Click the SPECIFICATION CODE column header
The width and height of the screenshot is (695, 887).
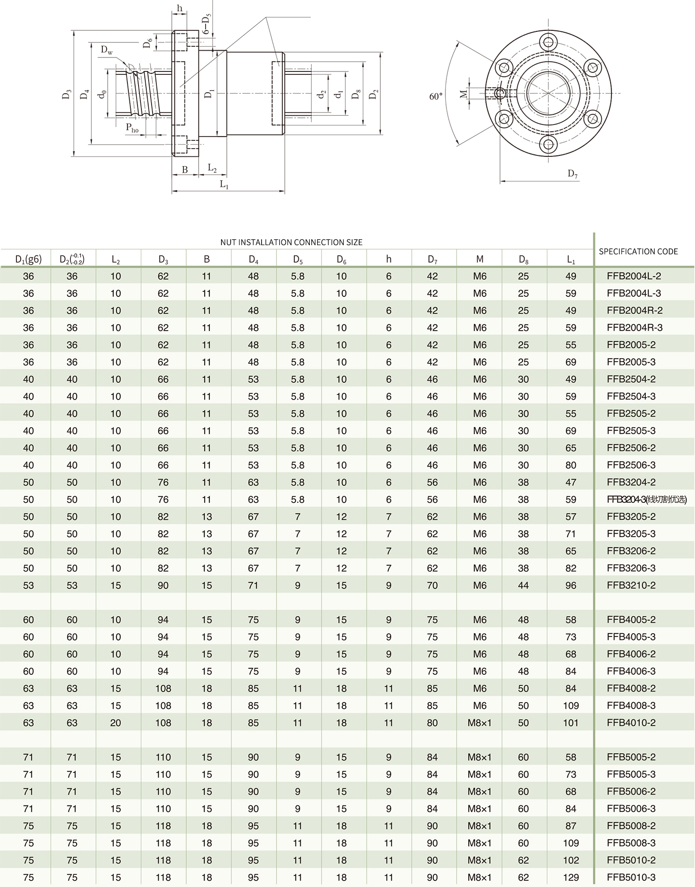click(638, 251)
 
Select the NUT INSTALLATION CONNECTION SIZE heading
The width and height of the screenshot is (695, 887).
click(291, 242)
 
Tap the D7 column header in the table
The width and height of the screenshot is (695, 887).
click(432, 260)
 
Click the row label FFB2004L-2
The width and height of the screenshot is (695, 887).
click(634, 277)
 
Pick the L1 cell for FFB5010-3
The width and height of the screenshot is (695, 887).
click(570, 877)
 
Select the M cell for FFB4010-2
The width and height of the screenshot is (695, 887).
click(479, 723)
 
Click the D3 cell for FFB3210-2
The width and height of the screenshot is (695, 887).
click(163, 585)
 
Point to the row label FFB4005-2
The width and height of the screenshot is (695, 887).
click(631, 620)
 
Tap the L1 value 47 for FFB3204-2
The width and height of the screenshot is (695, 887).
click(570, 482)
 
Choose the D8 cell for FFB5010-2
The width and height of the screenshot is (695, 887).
click(523, 860)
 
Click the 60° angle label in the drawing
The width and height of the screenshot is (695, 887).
click(436, 97)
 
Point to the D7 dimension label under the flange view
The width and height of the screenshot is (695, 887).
click(572, 174)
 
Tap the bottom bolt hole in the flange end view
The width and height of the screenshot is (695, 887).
click(549, 144)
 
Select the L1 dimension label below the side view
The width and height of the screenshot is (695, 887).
click(224, 184)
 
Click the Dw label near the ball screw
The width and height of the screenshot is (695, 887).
click(107, 50)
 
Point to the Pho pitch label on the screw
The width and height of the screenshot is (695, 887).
click(132, 128)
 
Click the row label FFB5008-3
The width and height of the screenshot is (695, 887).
click(631, 843)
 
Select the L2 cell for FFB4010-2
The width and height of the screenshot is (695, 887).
click(115, 723)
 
